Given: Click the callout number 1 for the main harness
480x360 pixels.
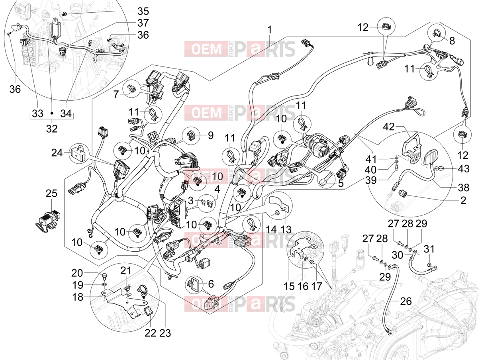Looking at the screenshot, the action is click(x=270, y=30).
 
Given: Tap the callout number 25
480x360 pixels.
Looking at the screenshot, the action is click(x=52, y=194).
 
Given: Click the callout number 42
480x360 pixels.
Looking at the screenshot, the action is click(x=389, y=127).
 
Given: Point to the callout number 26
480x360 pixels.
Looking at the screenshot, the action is click(x=406, y=301).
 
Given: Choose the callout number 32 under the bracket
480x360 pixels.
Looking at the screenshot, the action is click(x=52, y=129).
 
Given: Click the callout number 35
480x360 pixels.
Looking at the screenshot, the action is click(x=143, y=11).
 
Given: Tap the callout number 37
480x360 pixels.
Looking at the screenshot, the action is click(x=143, y=23).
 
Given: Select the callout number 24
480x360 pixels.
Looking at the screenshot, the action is click(x=57, y=153).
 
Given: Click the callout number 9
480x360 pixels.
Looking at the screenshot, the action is click(x=211, y=135).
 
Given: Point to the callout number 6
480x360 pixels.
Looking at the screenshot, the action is click(x=211, y=284).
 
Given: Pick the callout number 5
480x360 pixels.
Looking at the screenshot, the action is click(x=341, y=184).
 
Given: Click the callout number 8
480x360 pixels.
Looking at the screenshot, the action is click(x=452, y=41).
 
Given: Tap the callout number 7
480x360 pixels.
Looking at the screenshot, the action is click(x=116, y=94).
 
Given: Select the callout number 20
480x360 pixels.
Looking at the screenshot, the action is click(x=77, y=273).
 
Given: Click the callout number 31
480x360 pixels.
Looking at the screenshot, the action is click(x=429, y=249).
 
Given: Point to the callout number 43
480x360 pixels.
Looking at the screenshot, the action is click(x=464, y=168).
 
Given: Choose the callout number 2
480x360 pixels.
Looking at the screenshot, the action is click(x=463, y=200).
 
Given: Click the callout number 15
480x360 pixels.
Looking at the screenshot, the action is click(x=289, y=287).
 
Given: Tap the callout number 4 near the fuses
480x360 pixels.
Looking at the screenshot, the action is click(x=217, y=190).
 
